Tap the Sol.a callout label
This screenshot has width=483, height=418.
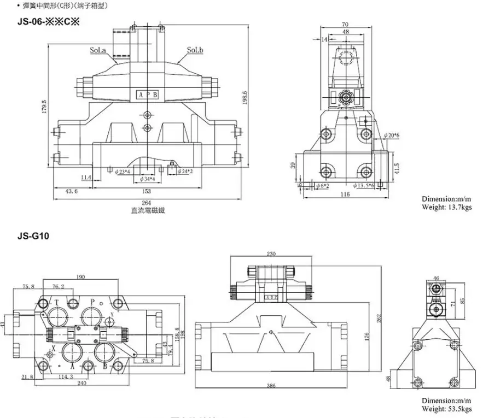pos(98,51)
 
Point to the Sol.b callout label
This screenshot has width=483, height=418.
pos(195,51)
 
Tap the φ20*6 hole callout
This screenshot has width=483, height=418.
pos(392,135)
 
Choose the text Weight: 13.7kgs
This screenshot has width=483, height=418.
pos(446,207)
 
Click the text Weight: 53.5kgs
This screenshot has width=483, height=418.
pos(446,408)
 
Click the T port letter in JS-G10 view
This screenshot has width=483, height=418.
pos(57,301)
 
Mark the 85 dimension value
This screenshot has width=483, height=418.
pos(463,300)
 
